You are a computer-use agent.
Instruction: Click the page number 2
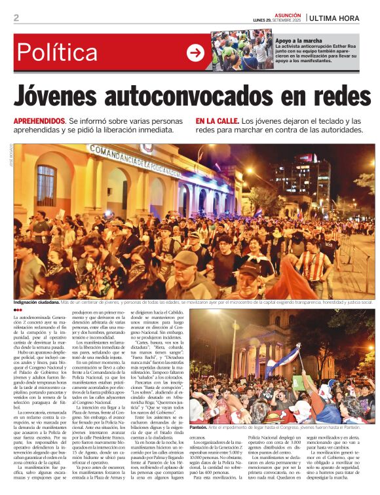16,18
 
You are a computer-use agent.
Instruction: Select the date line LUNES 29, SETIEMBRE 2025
277,20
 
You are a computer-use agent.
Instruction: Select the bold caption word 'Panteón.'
200,427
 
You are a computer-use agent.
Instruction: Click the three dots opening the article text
18,310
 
